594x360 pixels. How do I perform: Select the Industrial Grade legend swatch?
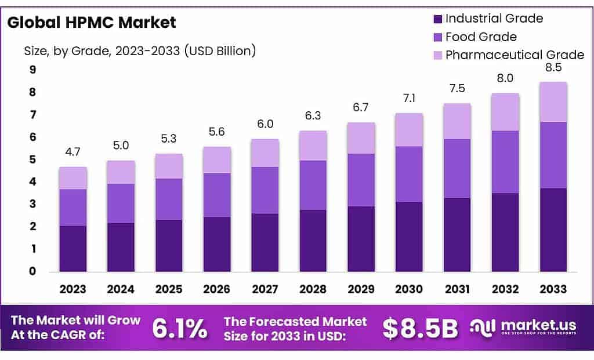(x=437, y=19)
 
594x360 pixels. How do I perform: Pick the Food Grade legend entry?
(x=480, y=37)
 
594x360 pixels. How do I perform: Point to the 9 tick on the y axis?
(x=32, y=70)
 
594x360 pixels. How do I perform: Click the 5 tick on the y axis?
(x=32, y=159)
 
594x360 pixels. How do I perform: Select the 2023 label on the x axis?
(x=73, y=289)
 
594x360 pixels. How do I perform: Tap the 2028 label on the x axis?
(x=313, y=289)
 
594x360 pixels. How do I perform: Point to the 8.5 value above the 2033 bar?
(x=554, y=68)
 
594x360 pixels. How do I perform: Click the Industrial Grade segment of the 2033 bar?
(x=554, y=230)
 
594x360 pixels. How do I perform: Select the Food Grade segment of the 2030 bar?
(x=410, y=174)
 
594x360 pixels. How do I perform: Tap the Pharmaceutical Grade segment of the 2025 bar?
(x=169, y=166)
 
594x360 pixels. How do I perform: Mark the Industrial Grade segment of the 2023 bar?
(x=73, y=248)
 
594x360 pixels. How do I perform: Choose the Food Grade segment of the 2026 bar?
(x=217, y=195)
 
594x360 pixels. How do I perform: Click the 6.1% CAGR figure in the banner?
(x=179, y=328)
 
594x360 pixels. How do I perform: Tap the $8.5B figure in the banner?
(x=420, y=328)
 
